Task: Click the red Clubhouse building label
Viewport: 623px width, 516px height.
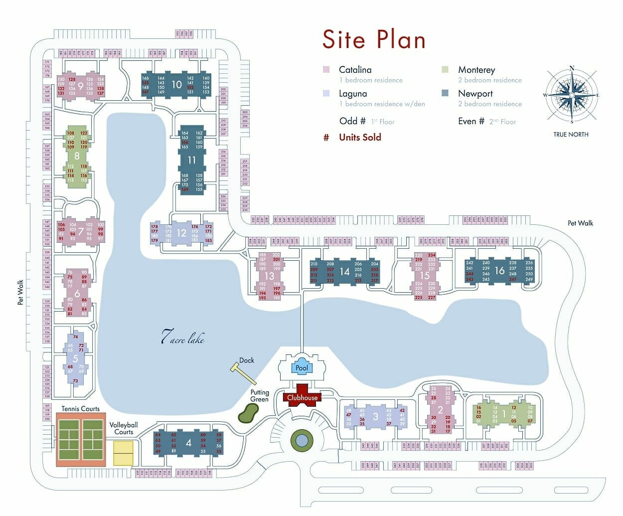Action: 302,398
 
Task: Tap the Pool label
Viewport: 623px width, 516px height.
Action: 302,368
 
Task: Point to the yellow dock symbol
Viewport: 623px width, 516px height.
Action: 242,372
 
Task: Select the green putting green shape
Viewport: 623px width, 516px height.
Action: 248,412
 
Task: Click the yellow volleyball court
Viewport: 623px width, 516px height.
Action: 123,453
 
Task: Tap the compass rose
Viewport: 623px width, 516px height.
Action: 571,96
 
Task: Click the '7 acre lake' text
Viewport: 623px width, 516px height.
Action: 182,338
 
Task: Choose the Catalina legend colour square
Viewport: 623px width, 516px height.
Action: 326,70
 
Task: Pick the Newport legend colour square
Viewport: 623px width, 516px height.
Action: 445,93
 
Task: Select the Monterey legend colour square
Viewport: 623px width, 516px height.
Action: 445,70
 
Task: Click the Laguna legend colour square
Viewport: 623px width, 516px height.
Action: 326,93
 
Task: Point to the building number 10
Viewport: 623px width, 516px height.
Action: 176,85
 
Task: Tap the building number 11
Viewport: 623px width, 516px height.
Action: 192,160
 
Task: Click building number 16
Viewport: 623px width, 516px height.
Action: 499,271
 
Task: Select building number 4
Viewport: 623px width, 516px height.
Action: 188,443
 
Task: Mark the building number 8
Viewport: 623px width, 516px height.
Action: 77,156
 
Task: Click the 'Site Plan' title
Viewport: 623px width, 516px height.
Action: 374,39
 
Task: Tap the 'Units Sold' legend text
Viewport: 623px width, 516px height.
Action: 360,137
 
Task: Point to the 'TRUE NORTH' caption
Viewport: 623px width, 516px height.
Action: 571,134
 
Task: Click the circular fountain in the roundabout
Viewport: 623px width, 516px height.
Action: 301,440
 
